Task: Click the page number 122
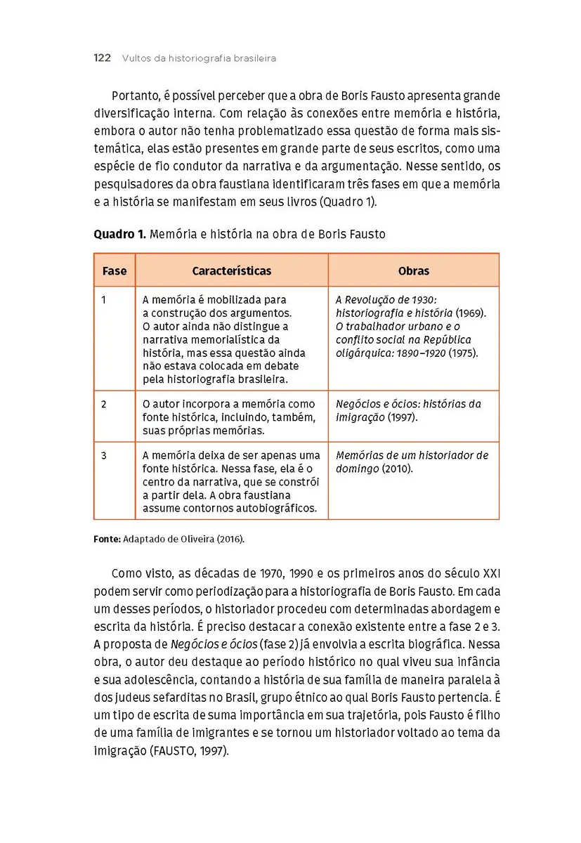102,58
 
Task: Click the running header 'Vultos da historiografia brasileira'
199,59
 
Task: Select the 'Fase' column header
115,270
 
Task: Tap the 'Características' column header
231,270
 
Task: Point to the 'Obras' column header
413,270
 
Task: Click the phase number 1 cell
103,300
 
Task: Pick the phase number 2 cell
103,405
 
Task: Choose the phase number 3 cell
103,456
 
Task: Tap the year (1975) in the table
464,353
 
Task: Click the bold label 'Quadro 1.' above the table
119,235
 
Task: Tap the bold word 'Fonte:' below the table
107,540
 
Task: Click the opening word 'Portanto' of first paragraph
135,96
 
